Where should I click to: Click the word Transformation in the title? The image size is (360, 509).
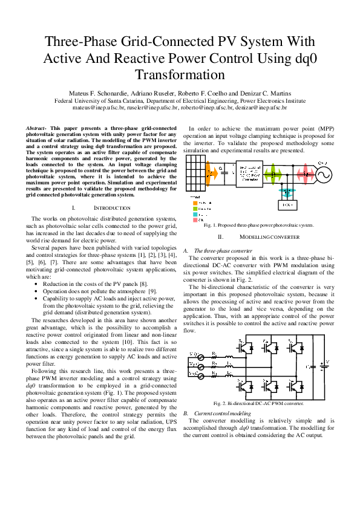pos(180,75)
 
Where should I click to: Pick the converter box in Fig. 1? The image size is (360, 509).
pos(241,173)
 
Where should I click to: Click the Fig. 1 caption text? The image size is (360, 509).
pos(259,225)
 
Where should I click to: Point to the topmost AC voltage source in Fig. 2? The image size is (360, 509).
pos(200,354)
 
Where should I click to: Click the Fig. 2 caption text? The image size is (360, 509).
pos(258,403)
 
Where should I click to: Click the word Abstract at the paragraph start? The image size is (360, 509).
pos(37,129)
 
